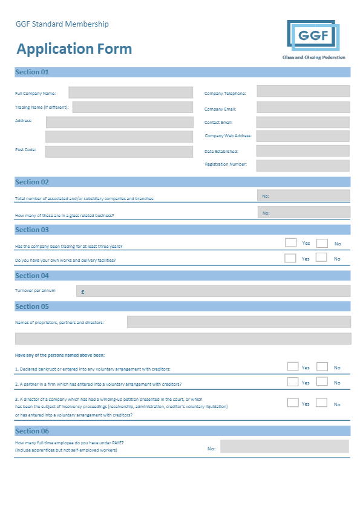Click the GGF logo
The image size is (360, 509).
313,37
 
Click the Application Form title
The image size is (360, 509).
74,49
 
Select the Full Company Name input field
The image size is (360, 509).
131,92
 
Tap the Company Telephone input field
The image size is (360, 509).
303,91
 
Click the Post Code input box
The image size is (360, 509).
119,151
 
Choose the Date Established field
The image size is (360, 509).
303,151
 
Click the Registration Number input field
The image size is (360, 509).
303,165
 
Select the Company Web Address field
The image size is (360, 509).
303,136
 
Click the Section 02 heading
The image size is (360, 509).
32,182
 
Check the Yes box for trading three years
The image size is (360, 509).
290,242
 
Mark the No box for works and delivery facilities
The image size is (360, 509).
322,258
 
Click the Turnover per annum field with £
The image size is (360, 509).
214,291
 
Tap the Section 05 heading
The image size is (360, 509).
32,306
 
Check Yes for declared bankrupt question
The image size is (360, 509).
293,366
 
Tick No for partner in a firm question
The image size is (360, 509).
322,381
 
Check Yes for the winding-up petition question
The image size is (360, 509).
293,403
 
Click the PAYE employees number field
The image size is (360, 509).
284,447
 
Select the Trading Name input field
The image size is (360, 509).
133,108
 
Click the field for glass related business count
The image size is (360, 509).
304,212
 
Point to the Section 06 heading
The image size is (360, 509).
32,431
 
